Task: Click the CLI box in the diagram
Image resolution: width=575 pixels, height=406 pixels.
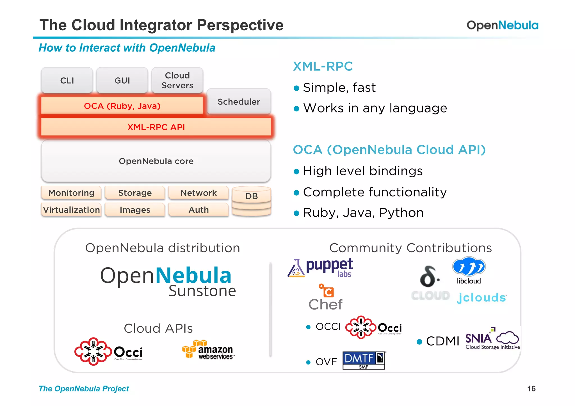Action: point(67,81)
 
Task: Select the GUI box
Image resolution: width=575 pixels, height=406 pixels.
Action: point(122,81)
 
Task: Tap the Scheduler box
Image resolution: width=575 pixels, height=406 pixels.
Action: point(239,102)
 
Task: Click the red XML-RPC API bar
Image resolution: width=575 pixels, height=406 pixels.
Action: point(156,127)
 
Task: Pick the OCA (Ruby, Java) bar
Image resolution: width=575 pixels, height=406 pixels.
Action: point(122,106)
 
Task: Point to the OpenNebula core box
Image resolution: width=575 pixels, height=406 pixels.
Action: point(156,161)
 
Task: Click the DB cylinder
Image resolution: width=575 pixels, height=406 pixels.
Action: point(251,201)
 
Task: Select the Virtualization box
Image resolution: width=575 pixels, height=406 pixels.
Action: point(71,210)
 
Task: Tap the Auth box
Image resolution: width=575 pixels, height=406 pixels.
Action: point(198,210)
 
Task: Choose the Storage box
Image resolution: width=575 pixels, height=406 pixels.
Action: point(135,193)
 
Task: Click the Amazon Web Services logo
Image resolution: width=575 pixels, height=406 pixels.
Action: point(208,350)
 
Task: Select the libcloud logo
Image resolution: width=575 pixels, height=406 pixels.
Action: point(469,270)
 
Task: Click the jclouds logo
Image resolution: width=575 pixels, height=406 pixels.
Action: point(482,298)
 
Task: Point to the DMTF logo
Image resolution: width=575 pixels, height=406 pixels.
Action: point(364,360)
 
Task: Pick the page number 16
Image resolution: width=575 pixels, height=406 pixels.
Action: point(531,389)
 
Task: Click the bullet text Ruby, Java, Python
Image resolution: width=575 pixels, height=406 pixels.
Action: point(363,213)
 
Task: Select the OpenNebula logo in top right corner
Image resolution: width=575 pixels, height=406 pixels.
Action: point(502,25)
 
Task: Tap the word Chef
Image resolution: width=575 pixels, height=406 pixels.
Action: point(325,304)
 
